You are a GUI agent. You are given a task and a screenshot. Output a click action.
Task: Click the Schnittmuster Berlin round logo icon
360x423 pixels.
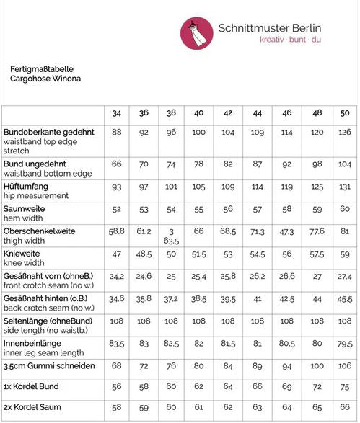(196, 32)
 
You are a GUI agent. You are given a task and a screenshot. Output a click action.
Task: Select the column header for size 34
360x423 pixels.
(116, 113)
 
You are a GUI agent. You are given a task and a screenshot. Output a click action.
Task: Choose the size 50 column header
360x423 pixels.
(344, 113)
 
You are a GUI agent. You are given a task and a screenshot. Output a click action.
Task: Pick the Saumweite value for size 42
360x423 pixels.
(228, 209)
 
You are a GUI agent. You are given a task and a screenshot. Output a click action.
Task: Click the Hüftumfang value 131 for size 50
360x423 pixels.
(344, 186)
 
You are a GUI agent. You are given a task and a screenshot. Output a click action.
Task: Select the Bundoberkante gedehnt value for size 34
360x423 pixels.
(116, 133)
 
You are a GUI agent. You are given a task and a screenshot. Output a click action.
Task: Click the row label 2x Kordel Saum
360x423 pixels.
(33, 406)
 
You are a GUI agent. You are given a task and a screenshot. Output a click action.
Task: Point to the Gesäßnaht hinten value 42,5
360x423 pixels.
(287, 299)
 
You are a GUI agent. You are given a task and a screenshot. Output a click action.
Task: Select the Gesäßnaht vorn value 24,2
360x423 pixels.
(116, 276)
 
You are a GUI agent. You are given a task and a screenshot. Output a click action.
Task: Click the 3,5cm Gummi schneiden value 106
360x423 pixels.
(344, 365)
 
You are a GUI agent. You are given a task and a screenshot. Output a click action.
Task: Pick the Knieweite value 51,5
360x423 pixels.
(199, 255)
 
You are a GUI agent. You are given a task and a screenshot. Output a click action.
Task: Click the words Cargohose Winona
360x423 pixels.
(45, 78)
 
